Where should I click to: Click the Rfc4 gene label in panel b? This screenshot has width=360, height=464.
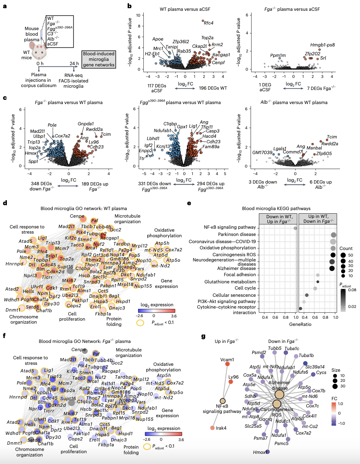pos(208,23)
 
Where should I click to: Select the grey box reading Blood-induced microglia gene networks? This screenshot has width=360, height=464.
pos(99,59)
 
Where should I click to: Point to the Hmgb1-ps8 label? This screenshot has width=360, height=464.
pos(322,45)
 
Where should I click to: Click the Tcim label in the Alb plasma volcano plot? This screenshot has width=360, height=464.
pos(332,137)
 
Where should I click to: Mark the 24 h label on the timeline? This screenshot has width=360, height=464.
pos(74,63)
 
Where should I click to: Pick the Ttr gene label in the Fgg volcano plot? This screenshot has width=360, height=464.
pos(142,158)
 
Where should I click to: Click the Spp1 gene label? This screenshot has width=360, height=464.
pos(33,161)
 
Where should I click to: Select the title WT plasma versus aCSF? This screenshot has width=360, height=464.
pos(185,9)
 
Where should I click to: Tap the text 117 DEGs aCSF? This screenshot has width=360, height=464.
pos(157,88)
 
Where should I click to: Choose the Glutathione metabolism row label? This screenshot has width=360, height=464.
pos(230,282)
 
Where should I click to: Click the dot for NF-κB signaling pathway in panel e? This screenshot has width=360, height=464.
pos(295,228)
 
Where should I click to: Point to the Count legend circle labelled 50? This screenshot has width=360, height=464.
pos(343,255)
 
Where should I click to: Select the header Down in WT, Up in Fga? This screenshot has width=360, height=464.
pos(279,219)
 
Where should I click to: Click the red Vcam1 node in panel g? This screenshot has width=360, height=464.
pos(227,364)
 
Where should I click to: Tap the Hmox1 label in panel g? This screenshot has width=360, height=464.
pos(260,452)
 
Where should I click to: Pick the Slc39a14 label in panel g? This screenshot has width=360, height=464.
pos(315,367)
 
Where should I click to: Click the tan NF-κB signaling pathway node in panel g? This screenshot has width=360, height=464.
pos(223,401)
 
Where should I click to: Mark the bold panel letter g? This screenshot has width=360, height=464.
pos(203,336)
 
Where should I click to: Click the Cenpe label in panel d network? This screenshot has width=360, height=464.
pos(77,216)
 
